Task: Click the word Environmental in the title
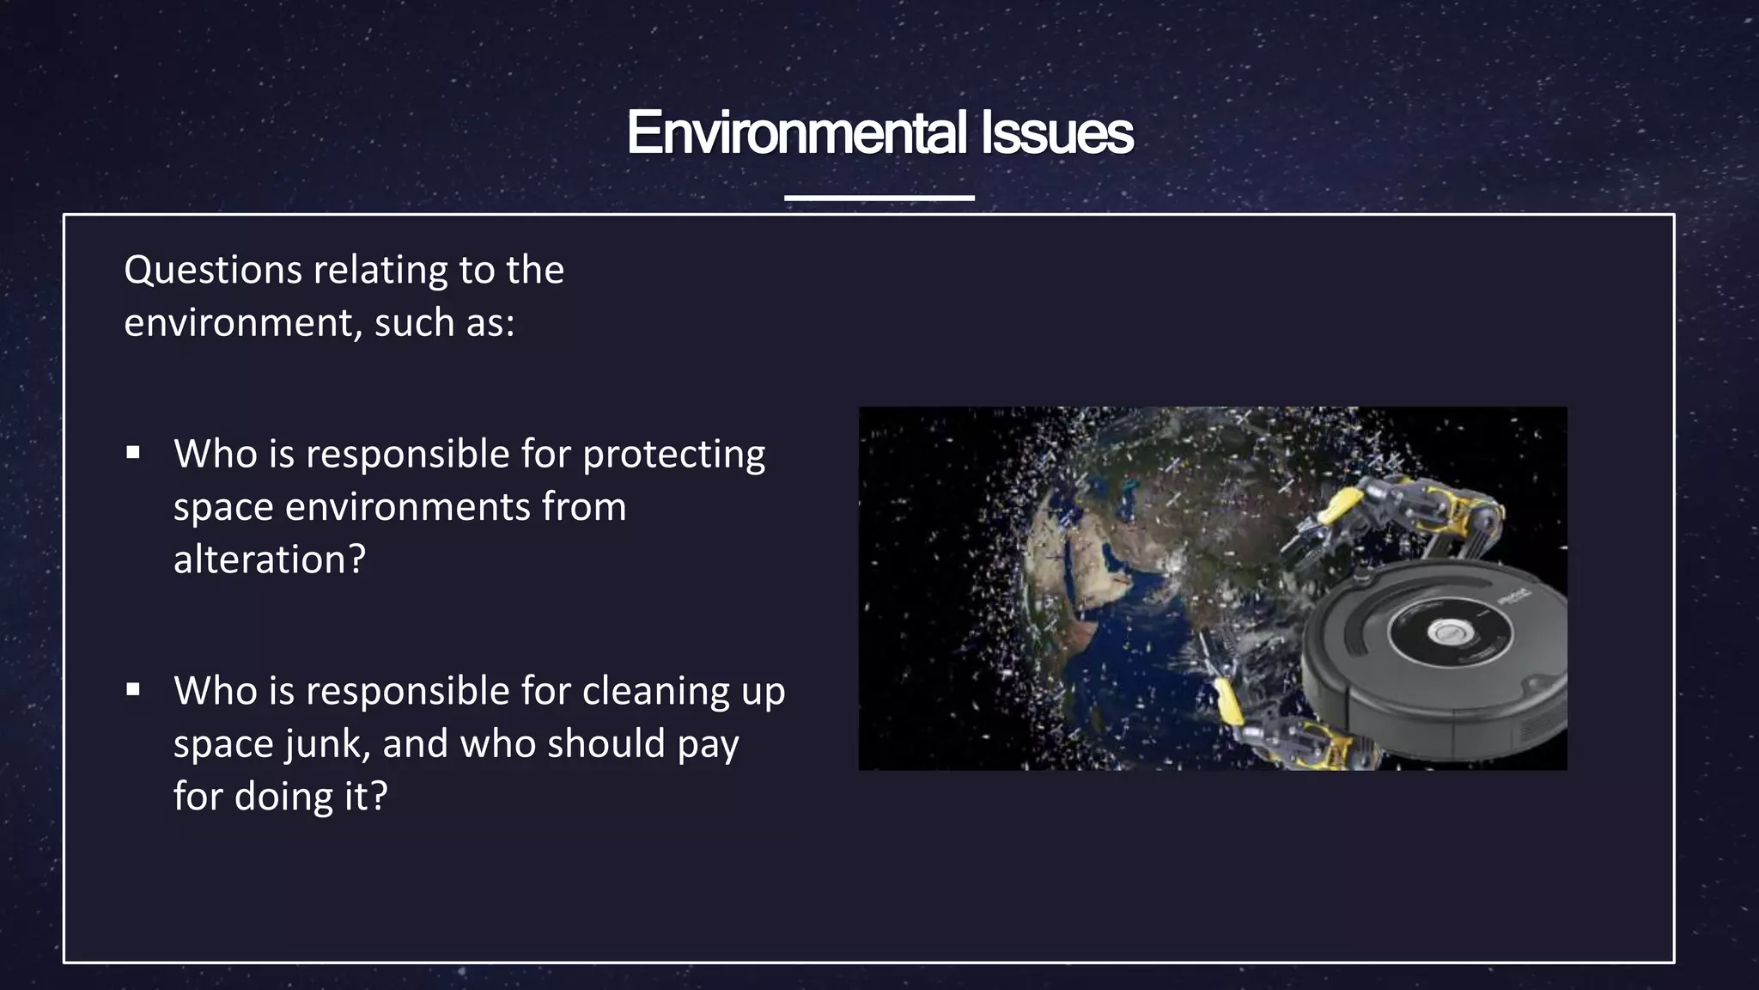tap(796, 133)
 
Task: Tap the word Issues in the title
tap(1056, 133)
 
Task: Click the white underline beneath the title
tap(879, 198)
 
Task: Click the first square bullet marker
tap(133, 452)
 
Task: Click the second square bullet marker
tap(133, 689)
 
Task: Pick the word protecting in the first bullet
tap(673, 455)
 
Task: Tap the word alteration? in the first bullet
tap(270, 560)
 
